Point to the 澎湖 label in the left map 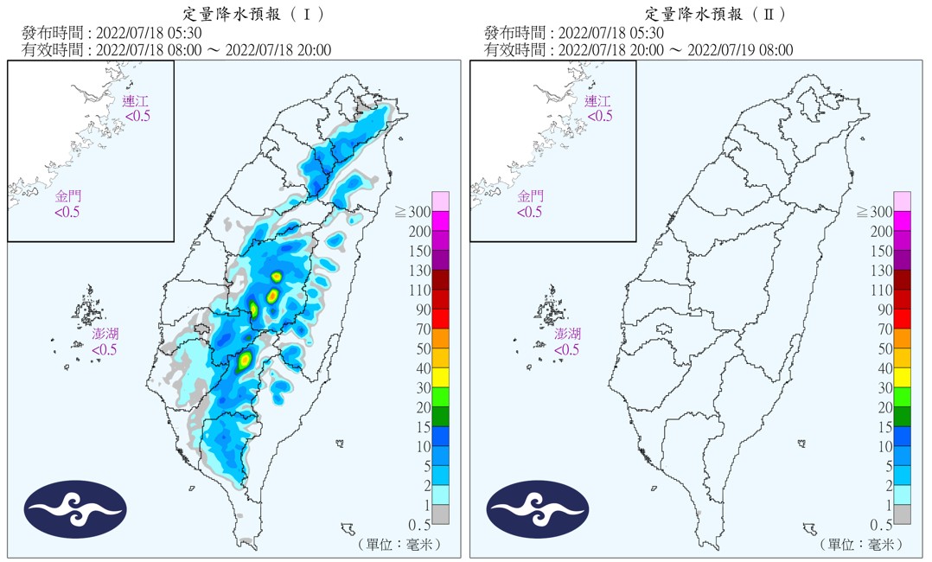tap(105, 334)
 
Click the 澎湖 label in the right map tap(568, 334)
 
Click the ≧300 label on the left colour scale tap(413, 212)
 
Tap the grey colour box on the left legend tap(441, 514)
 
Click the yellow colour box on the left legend tap(441, 375)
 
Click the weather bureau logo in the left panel tap(76, 509)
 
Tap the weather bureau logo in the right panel tap(538, 509)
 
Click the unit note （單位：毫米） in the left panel tap(400, 545)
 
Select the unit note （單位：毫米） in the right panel tap(862, 545)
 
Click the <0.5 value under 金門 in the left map tap(67, 212)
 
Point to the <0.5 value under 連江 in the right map tap(598, 116)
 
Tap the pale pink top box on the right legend tap(903, 201)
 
